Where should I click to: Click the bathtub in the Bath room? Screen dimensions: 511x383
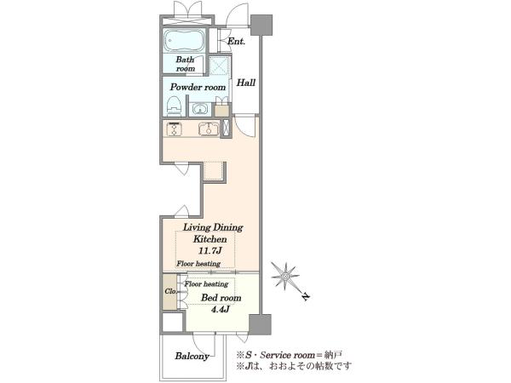(184, 40)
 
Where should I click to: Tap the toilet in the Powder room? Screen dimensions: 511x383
(174, 106)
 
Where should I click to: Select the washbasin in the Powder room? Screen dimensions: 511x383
(198, 109)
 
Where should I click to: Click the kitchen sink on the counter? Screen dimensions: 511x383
(209, 129)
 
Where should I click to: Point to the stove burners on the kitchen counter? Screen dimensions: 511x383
(174, 129)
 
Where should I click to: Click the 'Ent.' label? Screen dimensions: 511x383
(236, 42)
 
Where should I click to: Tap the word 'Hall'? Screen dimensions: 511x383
(246, 83)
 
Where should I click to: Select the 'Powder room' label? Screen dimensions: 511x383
(198, 88)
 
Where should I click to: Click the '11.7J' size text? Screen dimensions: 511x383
(210, 251)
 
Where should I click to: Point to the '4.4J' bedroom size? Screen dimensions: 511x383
(220, 309)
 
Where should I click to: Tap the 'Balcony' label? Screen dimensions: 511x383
(192, 357)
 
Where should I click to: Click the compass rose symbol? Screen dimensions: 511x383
(285, 276)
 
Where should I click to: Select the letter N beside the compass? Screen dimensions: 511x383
(306, 297)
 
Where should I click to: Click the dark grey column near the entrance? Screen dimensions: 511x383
(261, 25)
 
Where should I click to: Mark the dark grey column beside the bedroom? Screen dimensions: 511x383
(260, 324)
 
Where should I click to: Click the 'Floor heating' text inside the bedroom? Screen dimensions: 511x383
(206, 284)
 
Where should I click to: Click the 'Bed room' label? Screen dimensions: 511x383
(221, 298)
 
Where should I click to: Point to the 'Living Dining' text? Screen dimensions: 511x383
(213, 227)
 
